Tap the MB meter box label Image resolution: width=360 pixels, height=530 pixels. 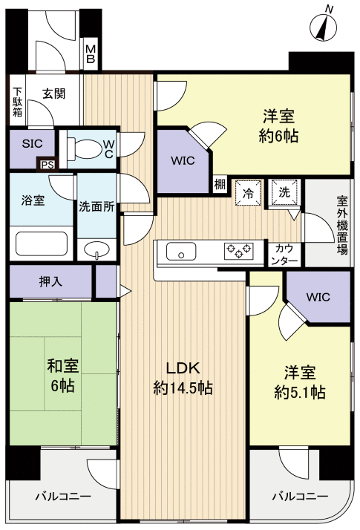tap(90, 54)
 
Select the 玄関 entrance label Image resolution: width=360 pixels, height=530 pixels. tap(53, 94)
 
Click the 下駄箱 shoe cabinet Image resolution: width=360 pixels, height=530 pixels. tap(17, 104)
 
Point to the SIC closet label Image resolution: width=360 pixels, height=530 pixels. tap(32, 144)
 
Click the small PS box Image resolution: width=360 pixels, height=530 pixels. tap(47, 165)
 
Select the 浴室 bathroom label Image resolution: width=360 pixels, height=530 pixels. tap(33, 200)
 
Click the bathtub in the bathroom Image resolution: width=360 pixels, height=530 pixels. tap(42, 243)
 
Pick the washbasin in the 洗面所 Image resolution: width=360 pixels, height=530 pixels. tap(95, 249)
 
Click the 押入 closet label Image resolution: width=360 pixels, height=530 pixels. tap(50, 282)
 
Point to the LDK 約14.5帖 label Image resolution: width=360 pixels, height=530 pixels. tap(183, 378)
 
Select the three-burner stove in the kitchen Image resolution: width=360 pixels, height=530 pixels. tap(238, 251)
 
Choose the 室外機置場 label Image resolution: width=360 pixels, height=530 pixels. tap(342, 225)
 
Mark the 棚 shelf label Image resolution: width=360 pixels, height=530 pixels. tap(220, 185)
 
